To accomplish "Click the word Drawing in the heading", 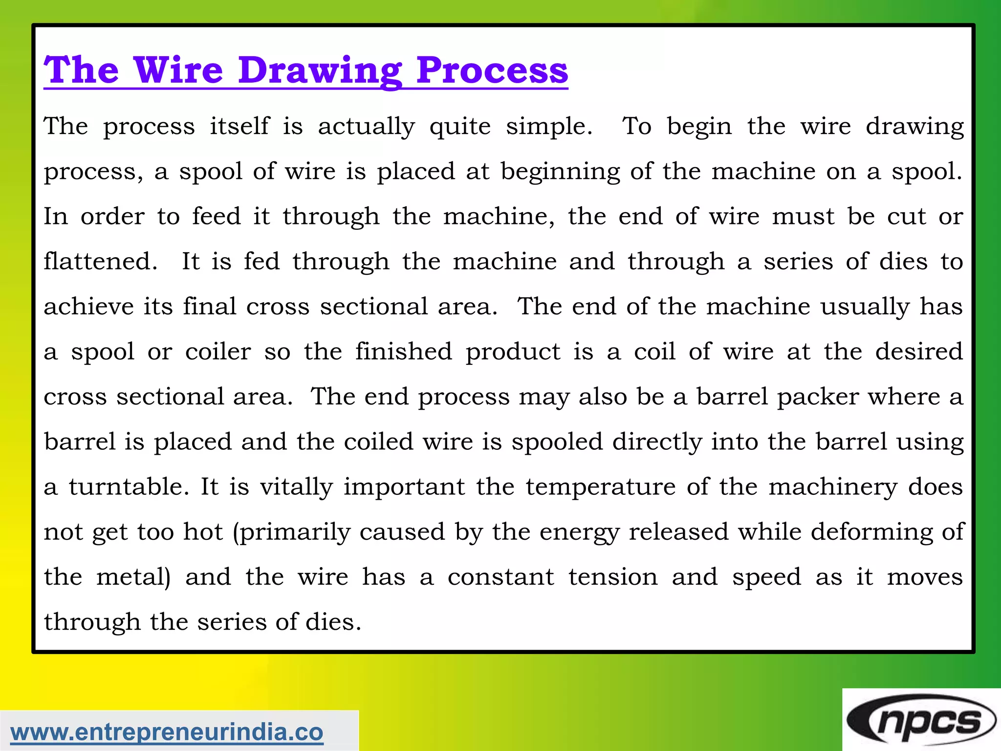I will click(320, 71).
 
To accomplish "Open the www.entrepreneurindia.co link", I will click(167, 732).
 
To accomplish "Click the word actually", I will click(366, 127).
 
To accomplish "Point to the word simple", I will click(548, 127).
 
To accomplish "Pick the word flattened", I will click(100, 261).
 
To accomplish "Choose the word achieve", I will click(88, 307).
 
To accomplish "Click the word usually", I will click(865, 307).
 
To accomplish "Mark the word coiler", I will click(218, 352).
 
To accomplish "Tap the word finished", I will click(404, 352).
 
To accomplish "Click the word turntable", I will click(129, 486).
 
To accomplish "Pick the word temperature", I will click(601, 486).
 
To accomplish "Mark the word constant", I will click(500, 577).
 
